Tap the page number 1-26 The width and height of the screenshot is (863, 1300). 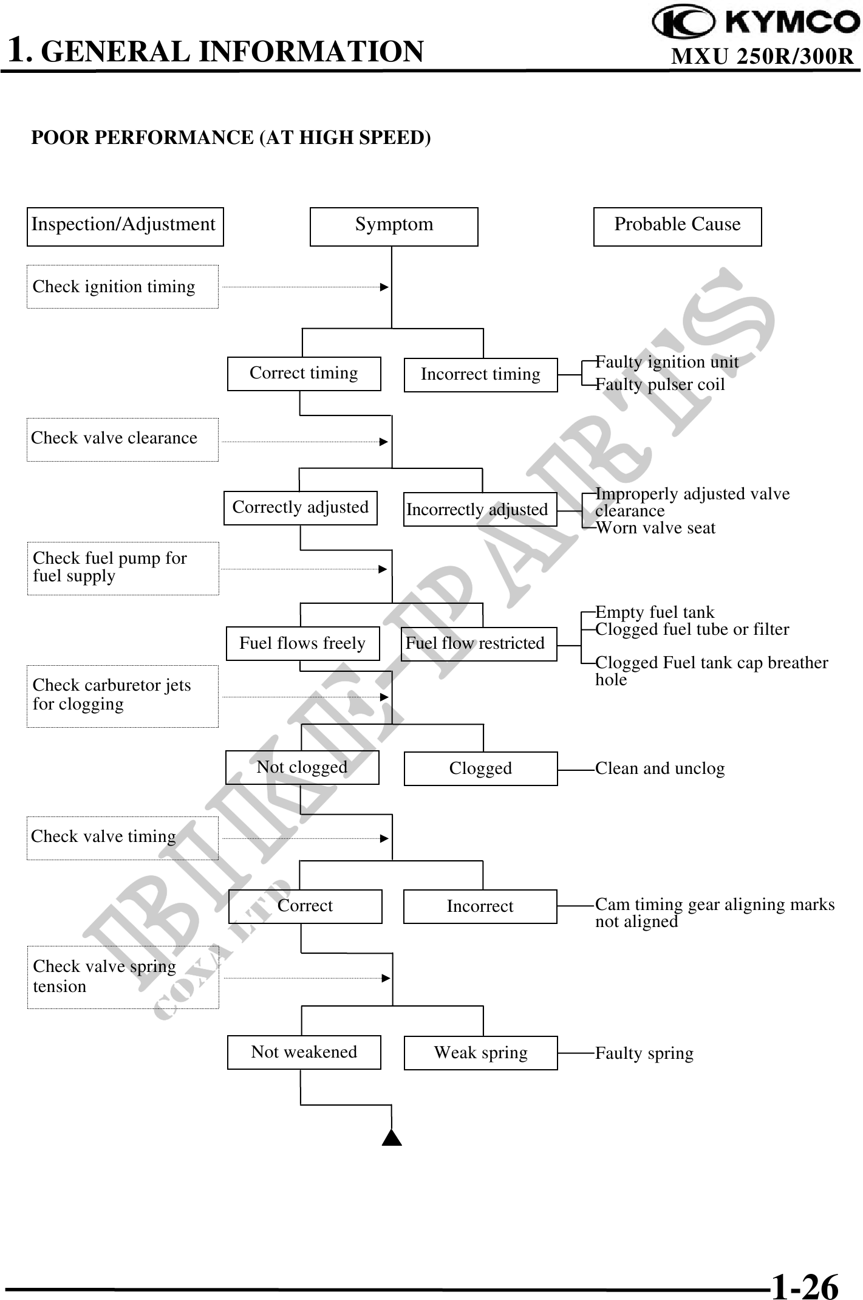(x=805, y=1285)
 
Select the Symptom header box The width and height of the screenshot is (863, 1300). (x=394, y=227)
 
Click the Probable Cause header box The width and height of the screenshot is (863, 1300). (x=677, y=227)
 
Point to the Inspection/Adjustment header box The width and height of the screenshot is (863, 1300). (x=125, y=227)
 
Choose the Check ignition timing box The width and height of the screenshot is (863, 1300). (x=122, y=287)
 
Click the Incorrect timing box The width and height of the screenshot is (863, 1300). (x=480, y=375)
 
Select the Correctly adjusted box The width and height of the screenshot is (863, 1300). (x=300, y=508)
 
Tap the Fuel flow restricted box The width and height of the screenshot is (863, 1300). (x=479, y=644)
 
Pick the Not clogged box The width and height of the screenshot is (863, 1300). (x=302, y=767)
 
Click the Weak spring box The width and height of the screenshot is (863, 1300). (x=480, y=1053)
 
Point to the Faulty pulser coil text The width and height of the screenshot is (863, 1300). (x=660, y=385)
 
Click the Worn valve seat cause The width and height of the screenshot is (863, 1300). (x=656, y=528)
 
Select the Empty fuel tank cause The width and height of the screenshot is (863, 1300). (x=655, y=612)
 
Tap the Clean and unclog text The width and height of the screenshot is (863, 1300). (x=660, y=768)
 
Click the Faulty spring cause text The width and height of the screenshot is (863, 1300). (x=644, y=1053)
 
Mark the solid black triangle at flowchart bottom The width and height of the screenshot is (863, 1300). (x=392, y=1137)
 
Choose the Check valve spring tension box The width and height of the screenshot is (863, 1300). (x=123, y=977)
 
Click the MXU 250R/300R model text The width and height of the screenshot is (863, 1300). (x=762, y=56)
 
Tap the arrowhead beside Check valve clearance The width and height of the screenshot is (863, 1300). (x=383, y=442)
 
